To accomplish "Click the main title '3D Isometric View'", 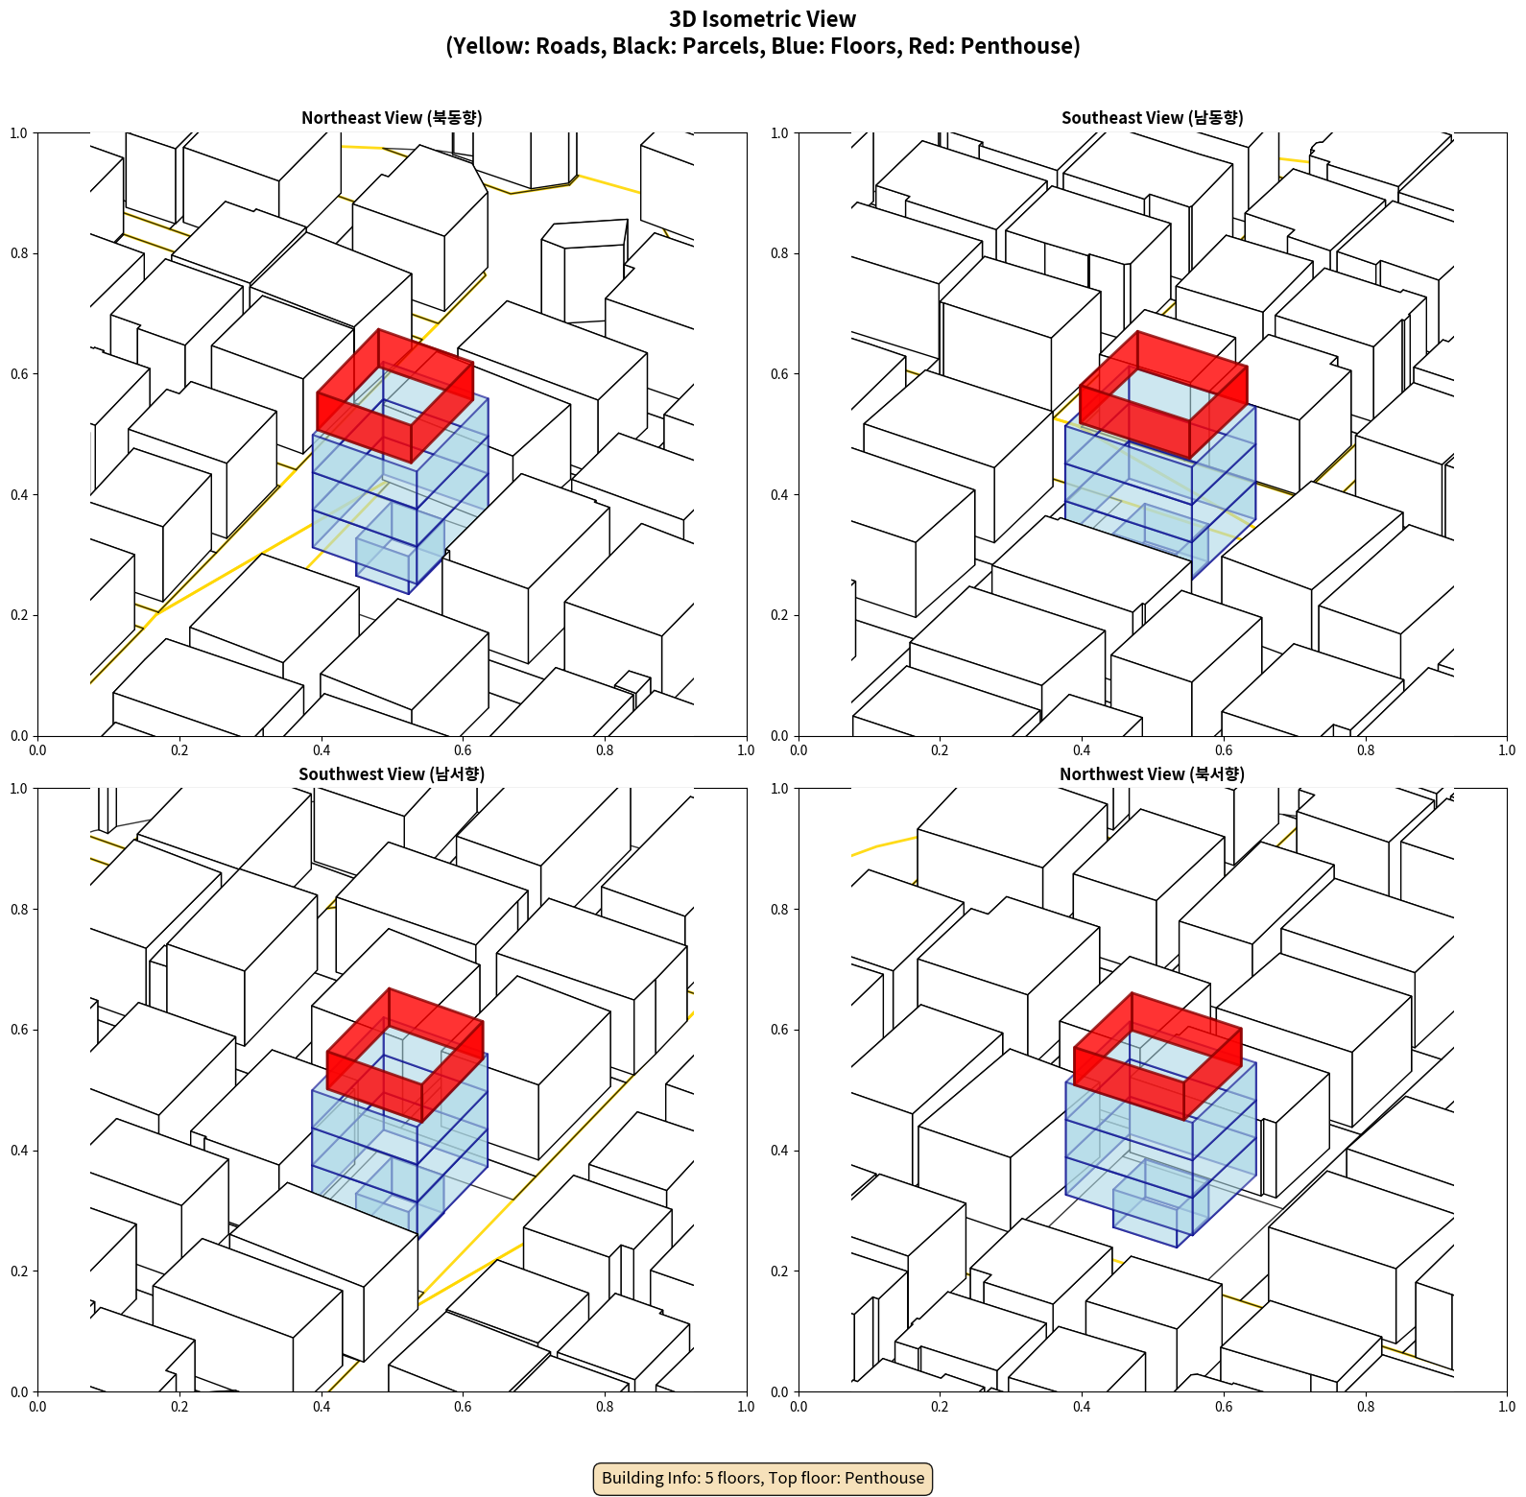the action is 763,19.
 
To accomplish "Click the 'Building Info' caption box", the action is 763,1478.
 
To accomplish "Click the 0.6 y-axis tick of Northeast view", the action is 19,374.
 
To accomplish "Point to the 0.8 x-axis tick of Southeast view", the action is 1366,750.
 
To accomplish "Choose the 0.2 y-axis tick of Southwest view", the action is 19,1271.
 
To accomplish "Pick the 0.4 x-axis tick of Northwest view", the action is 1082,1407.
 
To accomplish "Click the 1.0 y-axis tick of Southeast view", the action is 779,133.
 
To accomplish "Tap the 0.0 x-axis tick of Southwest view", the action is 37,1407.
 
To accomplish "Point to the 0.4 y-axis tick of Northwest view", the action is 779,1151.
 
